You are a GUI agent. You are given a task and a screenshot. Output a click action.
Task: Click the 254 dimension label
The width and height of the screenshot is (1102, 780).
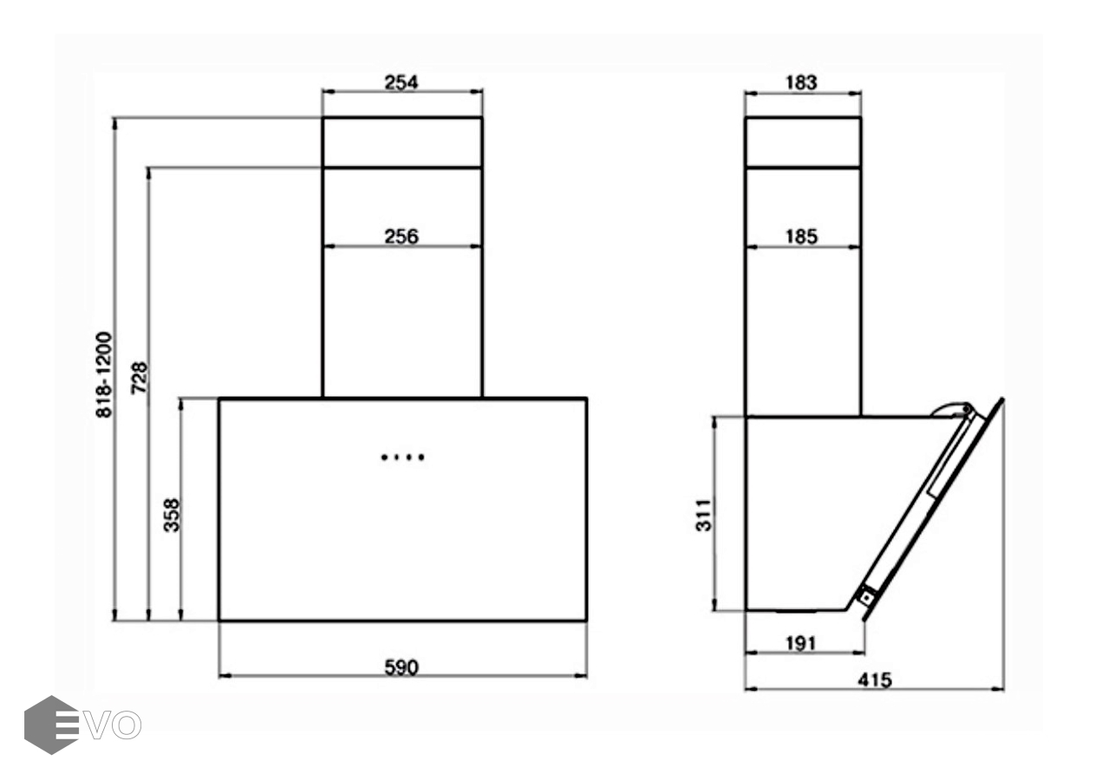tap(401, 82)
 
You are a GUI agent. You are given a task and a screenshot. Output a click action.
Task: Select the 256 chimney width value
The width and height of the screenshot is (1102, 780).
tap(401, 237)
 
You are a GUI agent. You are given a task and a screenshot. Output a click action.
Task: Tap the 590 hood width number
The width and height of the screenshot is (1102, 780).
tap(401, 667)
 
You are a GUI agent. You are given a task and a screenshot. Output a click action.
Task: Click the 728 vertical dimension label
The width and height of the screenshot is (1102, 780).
tap(140, 377)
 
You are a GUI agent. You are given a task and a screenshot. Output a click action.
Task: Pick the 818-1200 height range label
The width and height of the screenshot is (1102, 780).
tap(104, 374)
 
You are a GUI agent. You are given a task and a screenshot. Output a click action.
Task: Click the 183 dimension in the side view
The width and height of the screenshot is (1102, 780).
tap(801, 82)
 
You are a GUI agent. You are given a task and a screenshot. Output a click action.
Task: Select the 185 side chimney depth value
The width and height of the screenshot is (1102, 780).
tap(801, 237)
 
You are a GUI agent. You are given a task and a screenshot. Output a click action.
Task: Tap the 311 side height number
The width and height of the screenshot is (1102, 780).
tap(703, 516)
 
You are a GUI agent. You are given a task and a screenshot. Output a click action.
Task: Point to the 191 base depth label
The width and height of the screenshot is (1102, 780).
tap(801, 643)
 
